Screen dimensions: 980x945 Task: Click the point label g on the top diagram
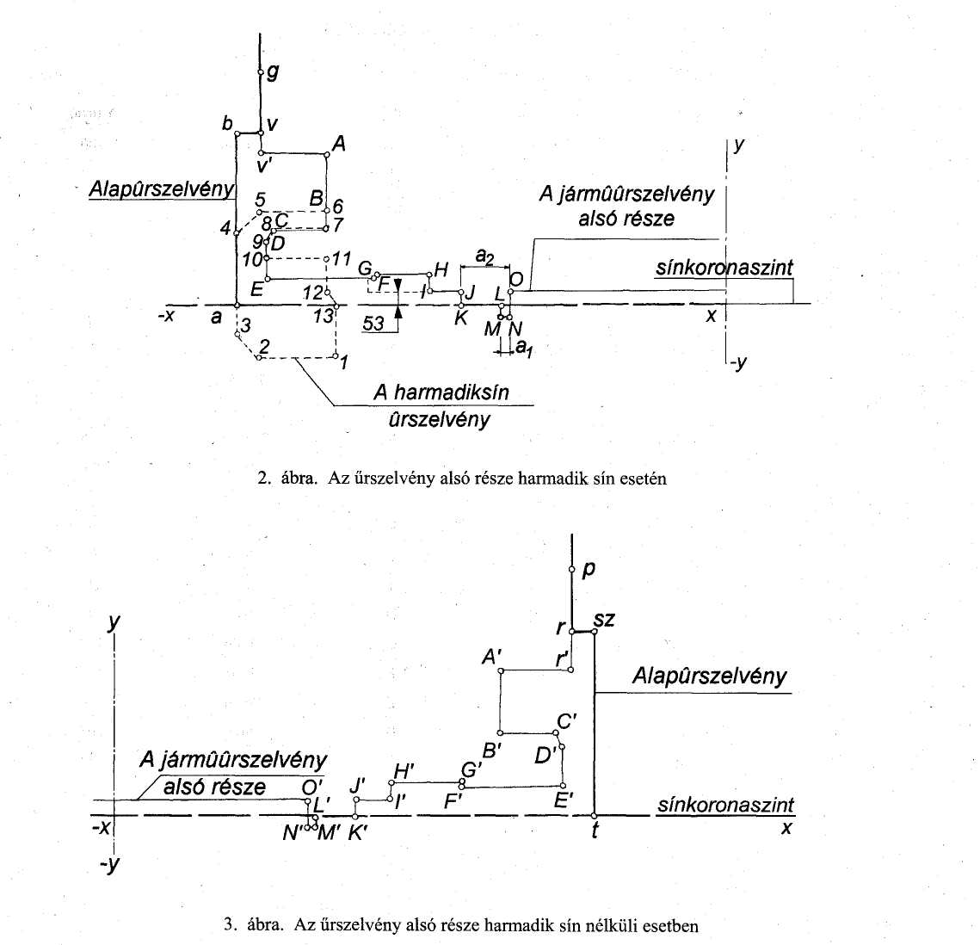(x=273, y=72)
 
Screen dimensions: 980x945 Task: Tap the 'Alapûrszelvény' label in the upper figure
(x=161, y=188)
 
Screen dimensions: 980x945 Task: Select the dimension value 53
(x=373, y=323)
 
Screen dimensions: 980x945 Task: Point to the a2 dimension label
(x=485, y=256)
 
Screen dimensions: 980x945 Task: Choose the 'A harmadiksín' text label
(x=441, y=392)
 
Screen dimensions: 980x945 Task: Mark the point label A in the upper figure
(x=339, y=145)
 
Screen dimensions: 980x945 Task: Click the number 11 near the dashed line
(x=342, y=258)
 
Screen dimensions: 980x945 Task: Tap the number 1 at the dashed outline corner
(x=344, y=361)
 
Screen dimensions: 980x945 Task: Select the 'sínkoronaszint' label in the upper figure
(x=724, y=268)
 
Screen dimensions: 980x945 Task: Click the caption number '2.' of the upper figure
(x=264, y=479)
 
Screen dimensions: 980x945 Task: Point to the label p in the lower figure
(x=589, y=571)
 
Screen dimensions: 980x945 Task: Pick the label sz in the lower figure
(x=604, y=620)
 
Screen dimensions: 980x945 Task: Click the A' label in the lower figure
(x=492, y=657)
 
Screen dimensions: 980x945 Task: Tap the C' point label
(x=566, y=722)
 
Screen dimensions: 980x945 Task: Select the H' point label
(x=404, y=772)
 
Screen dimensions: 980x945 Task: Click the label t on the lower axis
(x=595, y=831)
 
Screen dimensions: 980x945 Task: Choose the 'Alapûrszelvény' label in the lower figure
(x=709, y=676)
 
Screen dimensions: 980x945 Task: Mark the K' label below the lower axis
(x=357, y=832)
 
